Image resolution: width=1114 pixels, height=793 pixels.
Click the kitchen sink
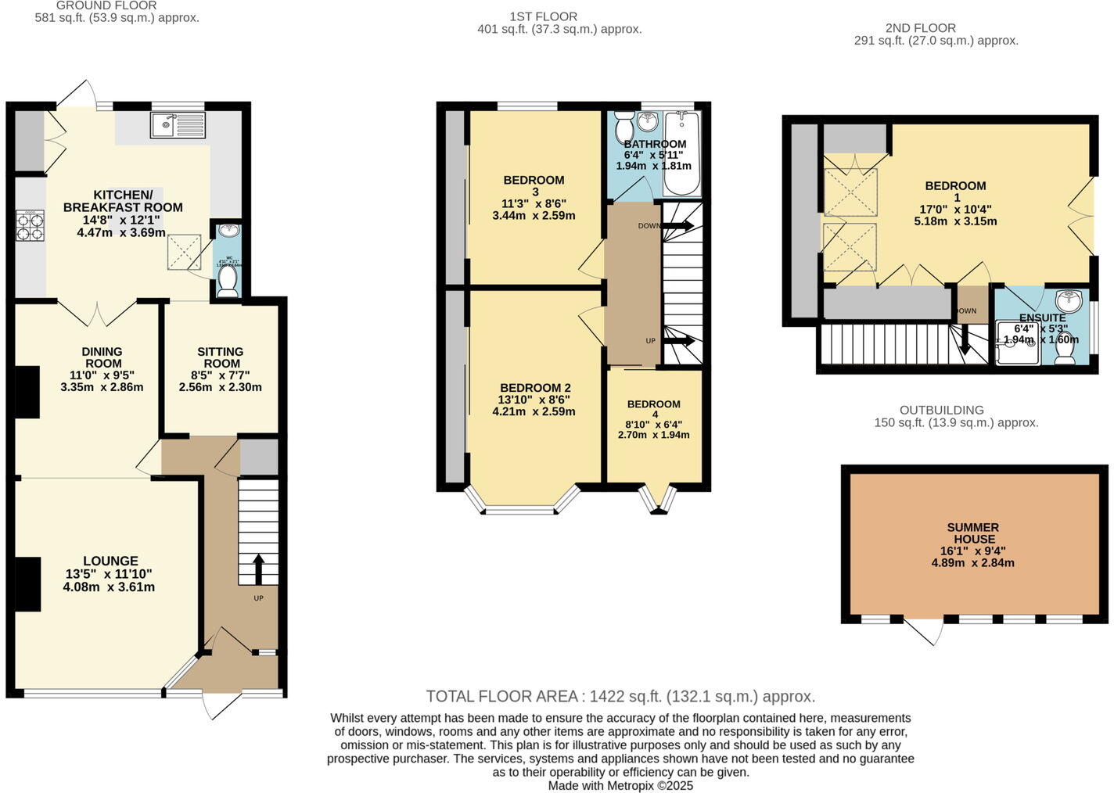coord(178,125)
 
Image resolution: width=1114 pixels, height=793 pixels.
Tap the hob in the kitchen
coord(30,226)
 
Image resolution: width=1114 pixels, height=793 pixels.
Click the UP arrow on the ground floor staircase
coord(258,569)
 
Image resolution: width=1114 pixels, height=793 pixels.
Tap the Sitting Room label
coord(221,357)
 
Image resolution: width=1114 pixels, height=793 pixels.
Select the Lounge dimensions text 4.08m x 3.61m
coord(109,587)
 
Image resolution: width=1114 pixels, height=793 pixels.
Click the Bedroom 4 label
coord(654,409)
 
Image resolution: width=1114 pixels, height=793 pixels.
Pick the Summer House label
coord(973,533)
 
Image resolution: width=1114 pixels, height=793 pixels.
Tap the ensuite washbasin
coord(1069,301)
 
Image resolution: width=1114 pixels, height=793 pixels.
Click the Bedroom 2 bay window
coord(523,504)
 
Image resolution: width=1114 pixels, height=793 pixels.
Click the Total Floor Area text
coord(620,696)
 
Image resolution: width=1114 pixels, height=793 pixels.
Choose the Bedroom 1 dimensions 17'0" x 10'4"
coord(955,210)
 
